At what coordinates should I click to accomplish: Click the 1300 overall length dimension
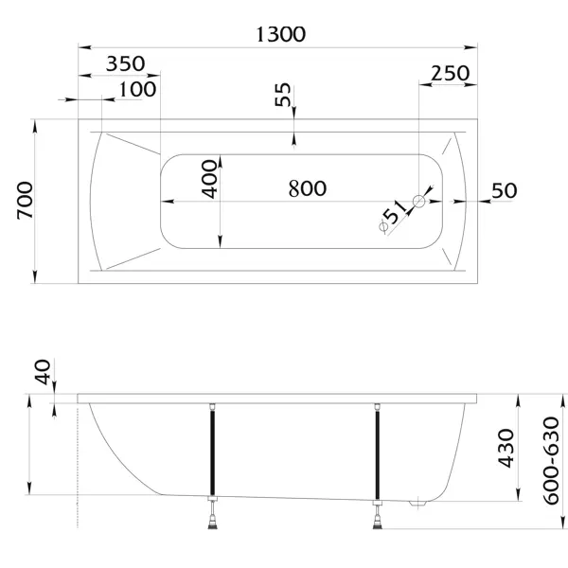click(281, 35)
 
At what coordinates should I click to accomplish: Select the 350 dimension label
click(125, 63)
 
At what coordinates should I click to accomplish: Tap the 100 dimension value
click(137, 89)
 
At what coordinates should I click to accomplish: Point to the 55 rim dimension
click(282, 95)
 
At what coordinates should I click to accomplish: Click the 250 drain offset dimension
click(451, 73)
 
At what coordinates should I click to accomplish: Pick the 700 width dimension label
click(25, 201)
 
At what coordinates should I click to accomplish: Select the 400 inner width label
click(209, 179)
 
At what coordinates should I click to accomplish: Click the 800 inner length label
click(308, 188)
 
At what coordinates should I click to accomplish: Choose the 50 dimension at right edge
click(505, 190)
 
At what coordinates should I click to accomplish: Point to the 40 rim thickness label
click(43, 372)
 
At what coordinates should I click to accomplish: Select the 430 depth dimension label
click(506, 449)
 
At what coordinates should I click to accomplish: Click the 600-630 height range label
click(551, 461)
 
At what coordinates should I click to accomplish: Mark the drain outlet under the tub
click(418, 504)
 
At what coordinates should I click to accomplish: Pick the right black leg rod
click(378, 454)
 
